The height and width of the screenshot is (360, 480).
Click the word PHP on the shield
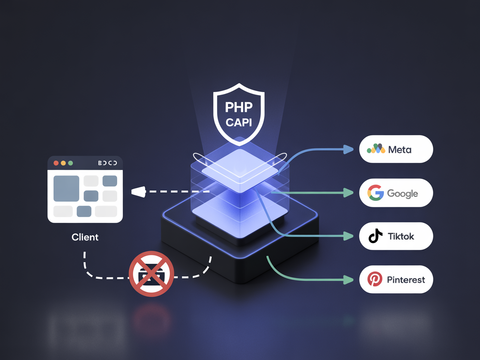point(239,107)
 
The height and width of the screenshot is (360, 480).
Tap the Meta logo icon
point(376,149)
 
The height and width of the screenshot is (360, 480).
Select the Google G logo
point(375,193)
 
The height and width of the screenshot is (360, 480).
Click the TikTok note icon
point(375,236)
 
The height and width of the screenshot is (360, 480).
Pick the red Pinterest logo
point(375,279)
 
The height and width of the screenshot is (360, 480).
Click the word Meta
point(400,149)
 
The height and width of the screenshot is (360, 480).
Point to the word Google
point(402,193)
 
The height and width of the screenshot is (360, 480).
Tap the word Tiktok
point(401,236)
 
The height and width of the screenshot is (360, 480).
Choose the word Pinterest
point(406,280)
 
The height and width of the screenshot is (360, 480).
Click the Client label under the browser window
point(85,237)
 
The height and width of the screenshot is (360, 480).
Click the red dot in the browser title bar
point(56,163)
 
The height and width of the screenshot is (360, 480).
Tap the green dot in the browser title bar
point(70,163)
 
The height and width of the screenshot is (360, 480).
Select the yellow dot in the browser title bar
point(63,163)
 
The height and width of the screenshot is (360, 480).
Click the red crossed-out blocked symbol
point(151,274)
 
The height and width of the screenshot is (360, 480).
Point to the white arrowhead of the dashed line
point(138,192)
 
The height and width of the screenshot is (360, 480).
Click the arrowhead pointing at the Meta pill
point(348,149)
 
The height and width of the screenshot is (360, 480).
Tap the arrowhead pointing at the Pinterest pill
point(348,280)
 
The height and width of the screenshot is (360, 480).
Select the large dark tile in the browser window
point(66,188)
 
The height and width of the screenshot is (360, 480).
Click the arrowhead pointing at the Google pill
point(348,192)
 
